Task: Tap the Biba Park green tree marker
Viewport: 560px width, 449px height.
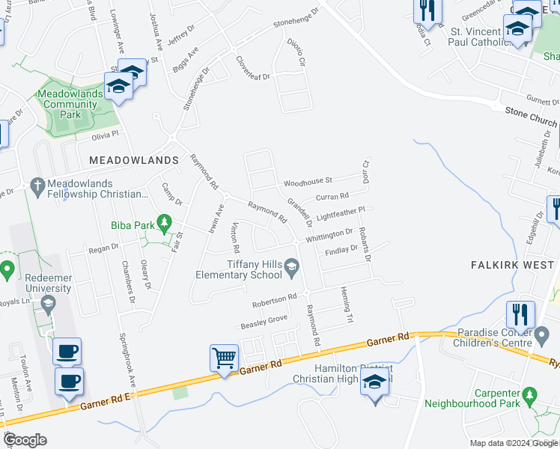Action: [x=165, y=222]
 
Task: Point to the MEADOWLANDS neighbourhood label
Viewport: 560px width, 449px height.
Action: [x=134, y=160]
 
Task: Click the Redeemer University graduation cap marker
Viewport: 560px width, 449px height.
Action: [x=49, y=303]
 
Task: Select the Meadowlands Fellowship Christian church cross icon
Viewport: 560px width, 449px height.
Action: [x=37, y=184]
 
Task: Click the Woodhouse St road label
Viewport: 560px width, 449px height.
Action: [x=308, y=182]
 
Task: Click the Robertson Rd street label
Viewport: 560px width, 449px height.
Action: [x=275, y=301]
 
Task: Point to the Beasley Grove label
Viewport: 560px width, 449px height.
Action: [x=264, y=322]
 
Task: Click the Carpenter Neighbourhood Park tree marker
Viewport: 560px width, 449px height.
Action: [x=529, y=394]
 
